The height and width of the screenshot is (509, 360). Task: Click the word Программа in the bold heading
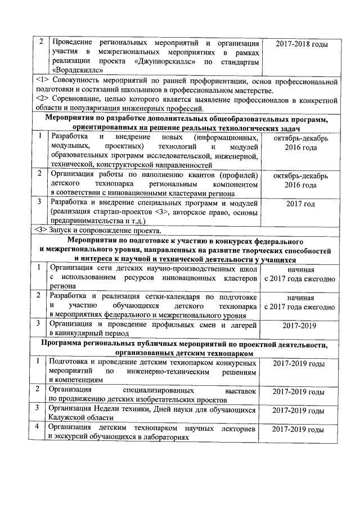(70, 344)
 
